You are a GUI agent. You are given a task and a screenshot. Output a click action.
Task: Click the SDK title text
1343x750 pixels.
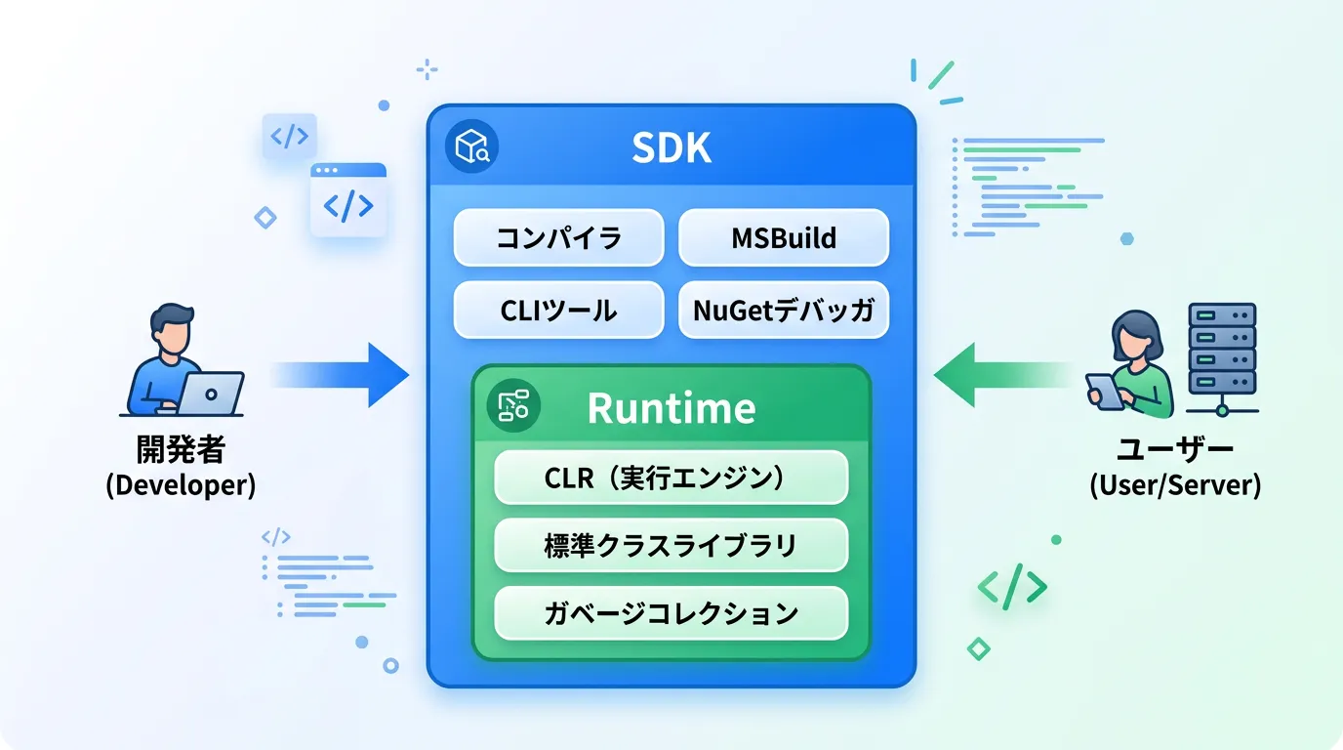[x=671, y=147]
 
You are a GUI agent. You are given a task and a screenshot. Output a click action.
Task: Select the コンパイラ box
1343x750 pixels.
[x=558, y=238]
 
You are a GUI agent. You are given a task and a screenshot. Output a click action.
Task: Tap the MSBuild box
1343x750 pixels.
[x=784, y=238]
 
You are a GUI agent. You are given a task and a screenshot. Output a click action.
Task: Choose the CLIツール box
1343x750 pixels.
[x=558, y=311]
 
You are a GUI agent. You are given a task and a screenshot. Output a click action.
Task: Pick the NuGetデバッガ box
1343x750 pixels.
[x=784, y=311]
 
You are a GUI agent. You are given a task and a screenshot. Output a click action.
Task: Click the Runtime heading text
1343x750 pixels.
[x=671, y=408]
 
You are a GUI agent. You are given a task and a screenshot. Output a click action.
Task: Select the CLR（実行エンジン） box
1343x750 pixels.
[x=671, y=478]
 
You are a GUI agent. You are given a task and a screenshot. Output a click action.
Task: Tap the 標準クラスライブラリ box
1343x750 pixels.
[x=671, y=545]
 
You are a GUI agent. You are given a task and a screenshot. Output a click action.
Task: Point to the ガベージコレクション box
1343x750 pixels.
[x=671, y=613]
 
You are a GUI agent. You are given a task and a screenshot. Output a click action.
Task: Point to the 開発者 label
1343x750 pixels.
[x=181, y=450]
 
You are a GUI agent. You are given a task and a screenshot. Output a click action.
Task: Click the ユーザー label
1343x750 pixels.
[x=1175, y=450]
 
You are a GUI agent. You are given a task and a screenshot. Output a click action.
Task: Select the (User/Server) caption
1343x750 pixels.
[x=1175, y=484]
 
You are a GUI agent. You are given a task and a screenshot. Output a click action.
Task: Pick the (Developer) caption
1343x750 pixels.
[x=181, y=484]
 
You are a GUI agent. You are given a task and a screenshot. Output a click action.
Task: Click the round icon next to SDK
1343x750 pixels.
[x=471, y=147]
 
